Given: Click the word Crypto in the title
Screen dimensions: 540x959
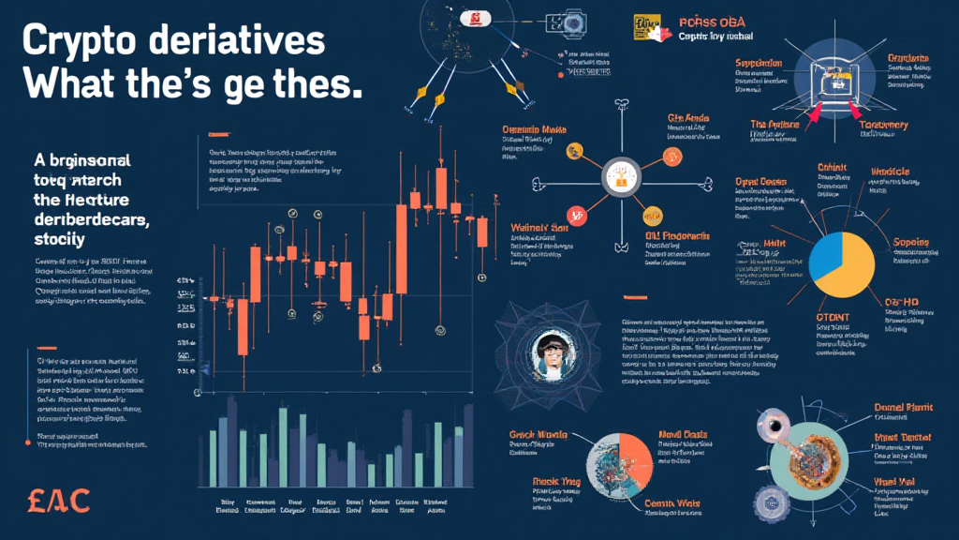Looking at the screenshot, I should [x=83, y=44].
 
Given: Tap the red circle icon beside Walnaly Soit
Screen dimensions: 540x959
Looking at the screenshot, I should [x=578, y=214].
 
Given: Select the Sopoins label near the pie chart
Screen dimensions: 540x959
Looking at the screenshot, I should [x=910, y=243].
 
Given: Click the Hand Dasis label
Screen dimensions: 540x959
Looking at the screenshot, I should [x=684, y=435].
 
